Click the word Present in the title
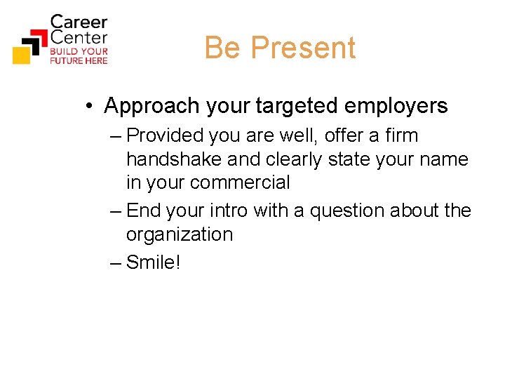[303, 48]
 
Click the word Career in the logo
[79, 22]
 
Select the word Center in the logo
[79, 37]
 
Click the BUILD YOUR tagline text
[79, 51]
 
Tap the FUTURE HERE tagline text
[79, 61]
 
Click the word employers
[398, 106]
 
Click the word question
[344, 211]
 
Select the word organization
[179, 234]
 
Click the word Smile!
[154, 262]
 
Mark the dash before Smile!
[116, 262]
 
